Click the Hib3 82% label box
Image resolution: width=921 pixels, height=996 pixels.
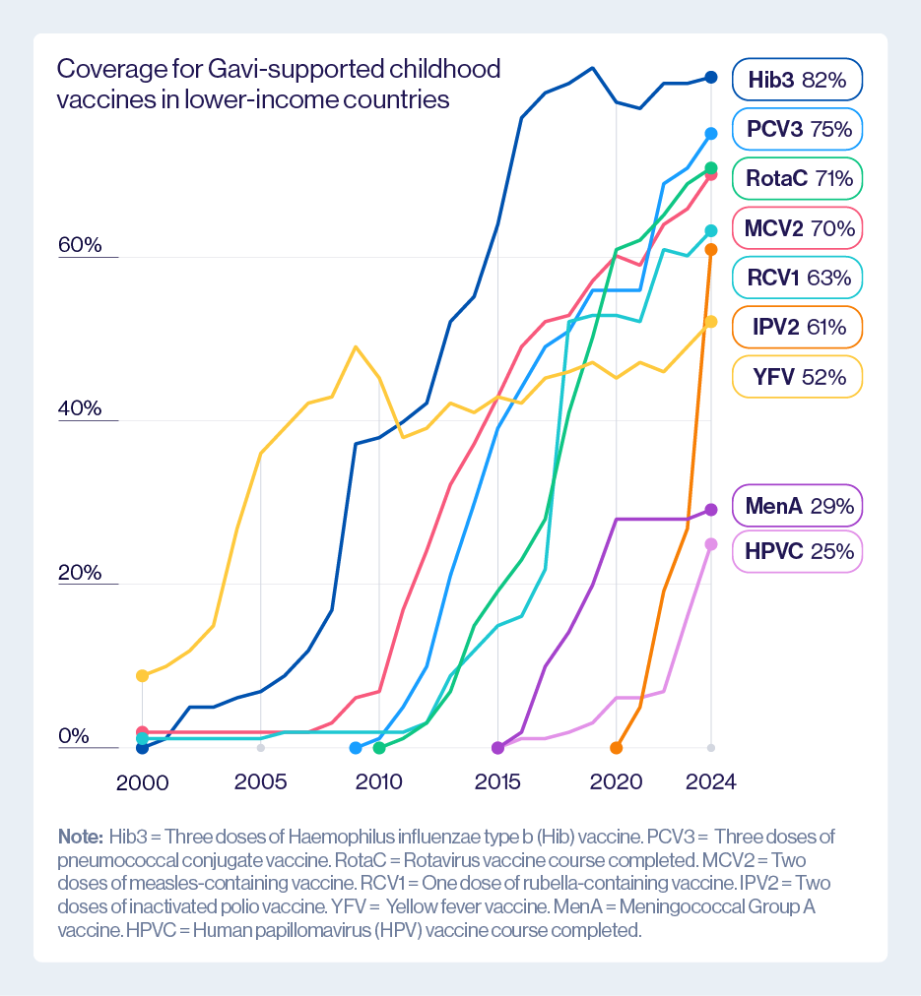[797, 80]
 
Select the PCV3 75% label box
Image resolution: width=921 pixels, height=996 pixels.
[797, 129]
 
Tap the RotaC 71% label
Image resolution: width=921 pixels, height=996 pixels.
[797, 178]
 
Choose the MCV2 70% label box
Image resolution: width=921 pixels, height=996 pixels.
[797, 229]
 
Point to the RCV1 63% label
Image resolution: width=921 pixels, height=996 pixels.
[797, 278]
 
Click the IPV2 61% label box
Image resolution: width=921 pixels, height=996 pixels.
[797, 327]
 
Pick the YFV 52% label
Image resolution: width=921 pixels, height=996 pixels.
[797, 376]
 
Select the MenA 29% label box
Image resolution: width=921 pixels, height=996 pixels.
[797, 507]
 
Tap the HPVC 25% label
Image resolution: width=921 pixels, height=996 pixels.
[797, 551]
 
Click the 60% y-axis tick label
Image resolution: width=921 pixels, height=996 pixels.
[80, 245]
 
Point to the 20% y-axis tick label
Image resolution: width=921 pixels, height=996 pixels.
[80, 572]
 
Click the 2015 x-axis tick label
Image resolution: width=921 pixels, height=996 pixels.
[497, 782]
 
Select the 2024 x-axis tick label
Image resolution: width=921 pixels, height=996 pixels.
[711, 782]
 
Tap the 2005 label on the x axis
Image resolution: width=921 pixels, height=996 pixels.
[260, 782]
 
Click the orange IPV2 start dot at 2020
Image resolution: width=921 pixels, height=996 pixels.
[617, 748]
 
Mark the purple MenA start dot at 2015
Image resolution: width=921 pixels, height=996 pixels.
[497, 748]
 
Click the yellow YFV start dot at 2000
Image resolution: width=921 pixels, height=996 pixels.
[142, 675]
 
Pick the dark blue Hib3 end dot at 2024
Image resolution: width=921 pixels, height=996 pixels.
[711, 77]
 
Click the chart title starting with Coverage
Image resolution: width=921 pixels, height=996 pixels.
[279, 84]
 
